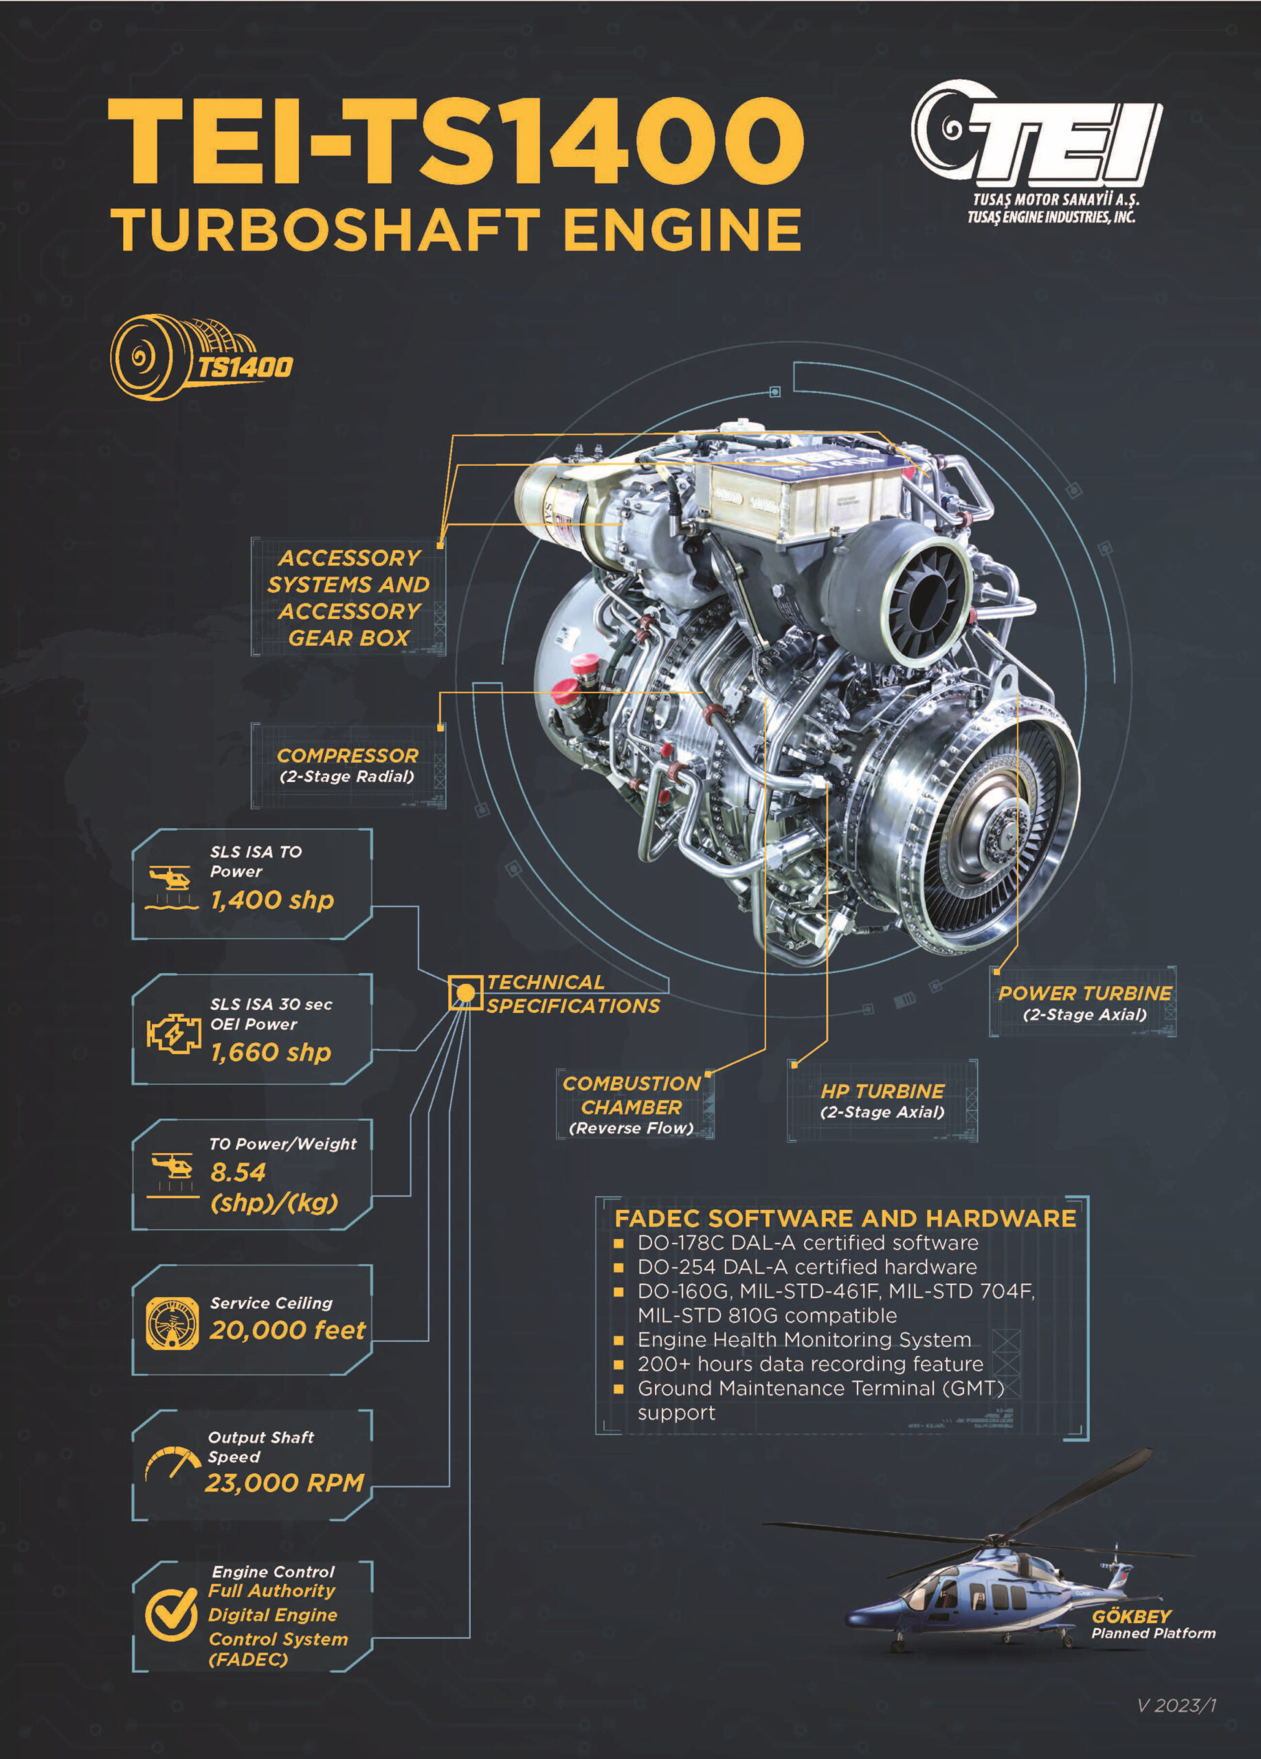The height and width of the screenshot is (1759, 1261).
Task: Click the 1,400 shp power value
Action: [x=272, y=899]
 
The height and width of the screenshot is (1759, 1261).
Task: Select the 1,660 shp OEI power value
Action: [x=271, y=1053]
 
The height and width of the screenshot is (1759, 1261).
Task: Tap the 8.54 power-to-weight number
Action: [x=238, y=1172]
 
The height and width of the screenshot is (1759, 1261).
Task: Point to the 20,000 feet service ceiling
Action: [x=287, y=1330]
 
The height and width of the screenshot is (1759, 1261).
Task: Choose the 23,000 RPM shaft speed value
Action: [x=284, y=1483]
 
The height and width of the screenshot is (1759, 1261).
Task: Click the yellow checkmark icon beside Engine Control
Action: [x=171, y=1615]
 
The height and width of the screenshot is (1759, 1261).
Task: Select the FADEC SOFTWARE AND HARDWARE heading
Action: [x=845, y=1218]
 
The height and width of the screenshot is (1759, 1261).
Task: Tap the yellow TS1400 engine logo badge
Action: [x=201, y=357]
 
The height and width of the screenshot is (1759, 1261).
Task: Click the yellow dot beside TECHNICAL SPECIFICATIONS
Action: [x=465, y=993]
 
